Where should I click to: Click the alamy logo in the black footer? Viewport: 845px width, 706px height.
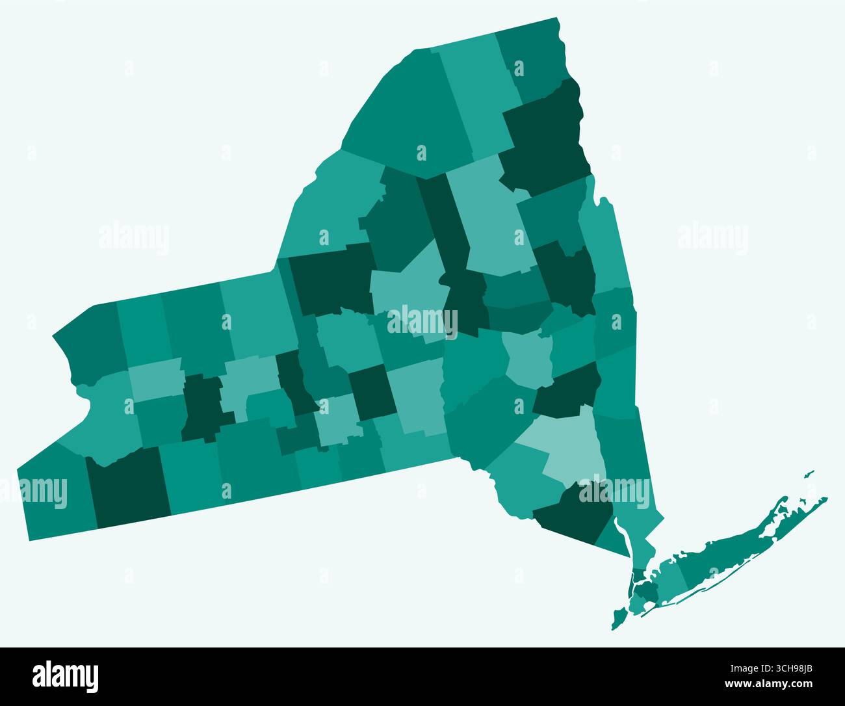[x=65, y=676]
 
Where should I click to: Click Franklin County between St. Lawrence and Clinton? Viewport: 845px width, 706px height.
[x=478, y=98]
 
